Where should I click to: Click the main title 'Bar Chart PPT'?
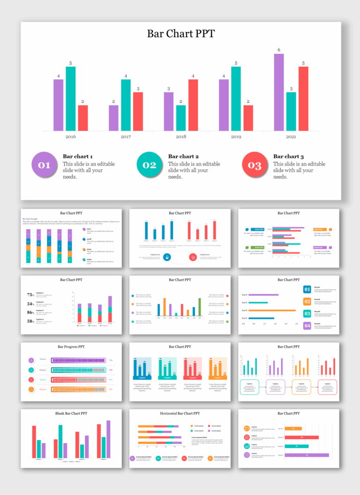point(180,34)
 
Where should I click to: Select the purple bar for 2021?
point(279,92)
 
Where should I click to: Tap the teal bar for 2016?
point(71,99)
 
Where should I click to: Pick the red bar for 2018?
point(193,105)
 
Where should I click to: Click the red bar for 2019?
point(248,118)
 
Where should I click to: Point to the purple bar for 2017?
point(113,118)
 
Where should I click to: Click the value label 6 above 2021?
point(279,50)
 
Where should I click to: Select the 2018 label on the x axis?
point(180,137)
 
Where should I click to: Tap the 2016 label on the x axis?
point(71,137)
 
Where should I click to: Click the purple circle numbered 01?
point(44,165)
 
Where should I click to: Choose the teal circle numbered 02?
point(149,165)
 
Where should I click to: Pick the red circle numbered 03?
point(255,165)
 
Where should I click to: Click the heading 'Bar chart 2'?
point(183,156)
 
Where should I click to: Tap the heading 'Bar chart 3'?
point(288,156)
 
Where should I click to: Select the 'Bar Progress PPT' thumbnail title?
point(71,347)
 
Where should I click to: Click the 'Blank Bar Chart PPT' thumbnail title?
point(71,413)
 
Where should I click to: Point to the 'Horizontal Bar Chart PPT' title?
point(180,413)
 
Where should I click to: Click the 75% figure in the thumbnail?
point(30,295)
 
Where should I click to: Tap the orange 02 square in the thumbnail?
point(307,302)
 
